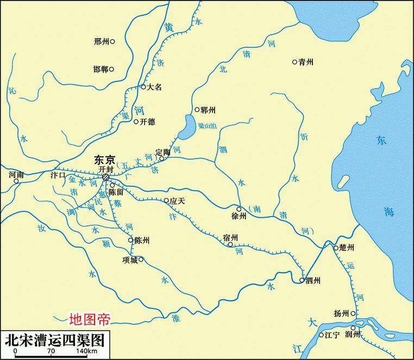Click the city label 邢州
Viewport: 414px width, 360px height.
[101, 41]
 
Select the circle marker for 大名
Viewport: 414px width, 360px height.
[143, 87]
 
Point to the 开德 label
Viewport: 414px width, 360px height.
[148, 122]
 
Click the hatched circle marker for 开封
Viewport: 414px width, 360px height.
[106, 177]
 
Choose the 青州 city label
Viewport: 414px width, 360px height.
[306, 62]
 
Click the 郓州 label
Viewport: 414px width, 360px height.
[208, 110]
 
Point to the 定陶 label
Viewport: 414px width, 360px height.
[162, 152]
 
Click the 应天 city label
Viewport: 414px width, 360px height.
[178, 201]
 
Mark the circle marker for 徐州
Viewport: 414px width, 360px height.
[239, 209]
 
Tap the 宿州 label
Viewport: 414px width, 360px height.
[230, 237]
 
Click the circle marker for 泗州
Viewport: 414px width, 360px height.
[302, 280]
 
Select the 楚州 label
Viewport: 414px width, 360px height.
[347, 248]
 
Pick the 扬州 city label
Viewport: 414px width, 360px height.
[342, 314]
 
